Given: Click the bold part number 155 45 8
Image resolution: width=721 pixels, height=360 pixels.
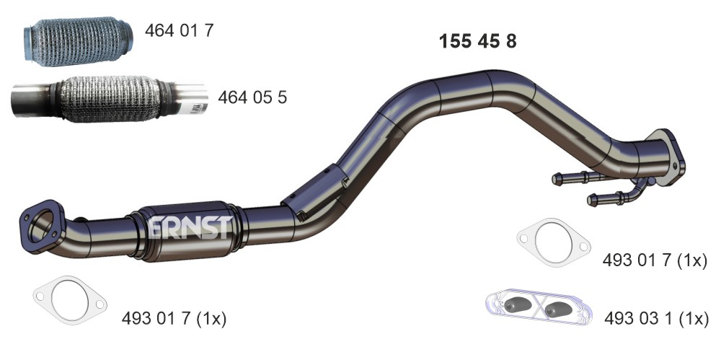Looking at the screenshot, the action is (478, 41).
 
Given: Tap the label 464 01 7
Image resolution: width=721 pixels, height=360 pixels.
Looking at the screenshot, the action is (180, 30).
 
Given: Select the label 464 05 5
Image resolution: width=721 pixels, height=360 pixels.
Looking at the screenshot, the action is (252, 97).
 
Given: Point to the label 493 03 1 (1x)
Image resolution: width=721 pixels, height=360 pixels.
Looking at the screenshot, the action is (657, 319).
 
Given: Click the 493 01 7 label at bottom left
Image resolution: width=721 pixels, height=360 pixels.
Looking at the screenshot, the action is (174, 319).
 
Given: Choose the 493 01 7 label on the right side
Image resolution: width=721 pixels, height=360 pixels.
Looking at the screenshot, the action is (655, 260).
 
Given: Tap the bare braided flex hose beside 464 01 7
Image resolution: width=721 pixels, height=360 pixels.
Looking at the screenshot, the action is (78, 42).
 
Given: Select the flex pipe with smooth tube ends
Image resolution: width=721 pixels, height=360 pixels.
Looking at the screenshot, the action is (110, 100).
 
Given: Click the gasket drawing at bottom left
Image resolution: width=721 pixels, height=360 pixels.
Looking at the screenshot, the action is (70, 300).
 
